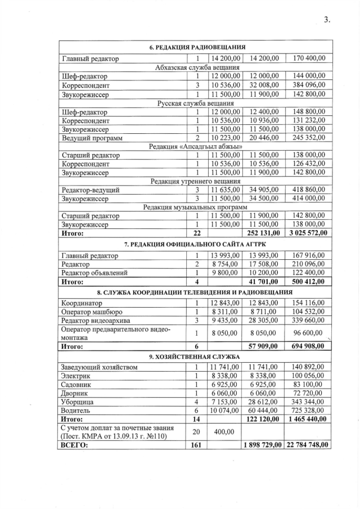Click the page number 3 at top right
[326, 20]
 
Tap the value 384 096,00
[309, 85]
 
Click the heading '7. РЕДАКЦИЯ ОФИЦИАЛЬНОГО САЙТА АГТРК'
[196, 245]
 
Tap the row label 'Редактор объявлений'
[94, 273]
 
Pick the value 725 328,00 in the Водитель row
[309, 411]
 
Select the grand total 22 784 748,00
[308, 445]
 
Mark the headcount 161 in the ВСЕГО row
[197, 445]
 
